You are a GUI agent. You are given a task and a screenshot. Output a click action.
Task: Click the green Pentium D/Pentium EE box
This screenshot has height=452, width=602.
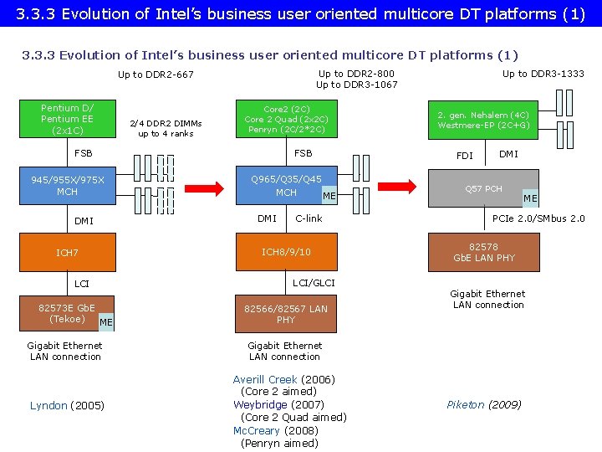click(67, 119)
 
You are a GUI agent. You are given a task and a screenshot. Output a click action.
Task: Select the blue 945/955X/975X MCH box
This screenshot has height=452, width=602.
click(67, 186)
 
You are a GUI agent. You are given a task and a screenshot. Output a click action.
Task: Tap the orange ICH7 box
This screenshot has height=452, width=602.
click(67, 253)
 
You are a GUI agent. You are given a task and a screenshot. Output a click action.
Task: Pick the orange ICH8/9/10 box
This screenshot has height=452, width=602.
click(286, 252)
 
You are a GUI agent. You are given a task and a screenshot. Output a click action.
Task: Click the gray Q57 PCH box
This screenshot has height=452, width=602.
click(483, 188)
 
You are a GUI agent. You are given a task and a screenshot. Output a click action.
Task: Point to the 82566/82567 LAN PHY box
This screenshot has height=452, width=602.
click(286, 314)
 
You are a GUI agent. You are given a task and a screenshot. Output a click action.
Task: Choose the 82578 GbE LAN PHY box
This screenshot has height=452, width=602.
click(483, 252)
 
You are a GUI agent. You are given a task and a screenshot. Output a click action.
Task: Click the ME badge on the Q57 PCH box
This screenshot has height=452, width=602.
click(530, 198)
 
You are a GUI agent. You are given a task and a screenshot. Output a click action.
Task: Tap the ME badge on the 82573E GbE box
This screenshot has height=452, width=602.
click(106, 322)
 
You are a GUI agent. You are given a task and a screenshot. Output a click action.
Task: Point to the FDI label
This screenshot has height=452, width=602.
click(464, 156)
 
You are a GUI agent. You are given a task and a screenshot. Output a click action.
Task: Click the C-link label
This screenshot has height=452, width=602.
click(309, 218)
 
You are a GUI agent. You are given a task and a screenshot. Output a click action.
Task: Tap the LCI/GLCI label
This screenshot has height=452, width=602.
click(314, 283)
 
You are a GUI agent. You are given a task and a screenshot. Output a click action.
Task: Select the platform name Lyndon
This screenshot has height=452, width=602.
click(48, 406)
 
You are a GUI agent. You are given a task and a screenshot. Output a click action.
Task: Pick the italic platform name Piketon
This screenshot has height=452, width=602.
click(466, 404)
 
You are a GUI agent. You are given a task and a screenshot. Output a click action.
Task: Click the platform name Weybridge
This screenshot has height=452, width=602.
click(260, 404)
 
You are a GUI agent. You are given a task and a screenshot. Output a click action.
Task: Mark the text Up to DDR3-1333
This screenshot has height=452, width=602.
click(543, 74)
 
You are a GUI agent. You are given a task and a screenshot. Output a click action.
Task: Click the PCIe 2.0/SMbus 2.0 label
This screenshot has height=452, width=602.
click(538, 218)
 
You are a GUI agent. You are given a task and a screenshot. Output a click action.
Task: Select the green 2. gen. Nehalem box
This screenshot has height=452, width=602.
click(483, 120)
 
